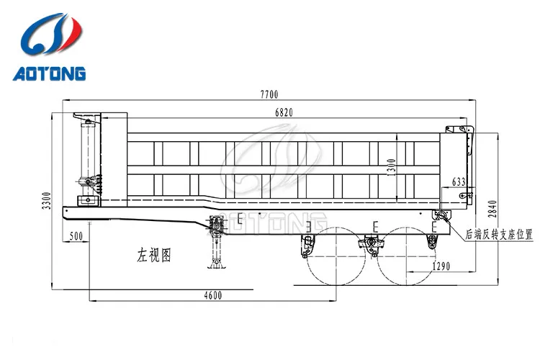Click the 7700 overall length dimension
(x=269, y=94)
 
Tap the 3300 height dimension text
(x=47, y=202)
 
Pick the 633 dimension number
(x=458, y=181)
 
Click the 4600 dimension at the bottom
(x=212, y=295)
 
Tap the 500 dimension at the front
(x=76, y=235)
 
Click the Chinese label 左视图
(x=154, y=255)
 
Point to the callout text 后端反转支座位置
(x=499, y=234)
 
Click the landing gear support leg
(x=215, y=245)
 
